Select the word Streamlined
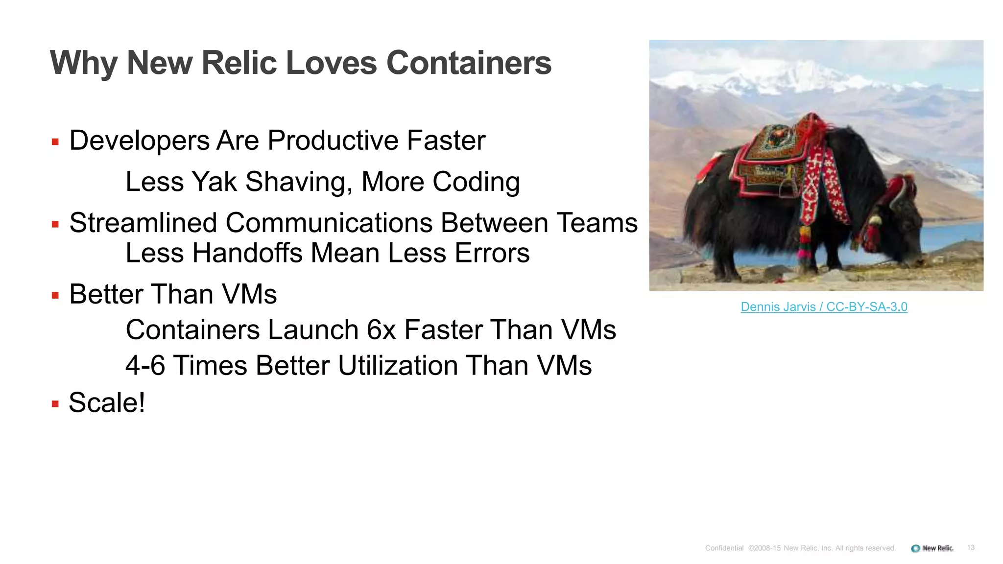coord(143,223)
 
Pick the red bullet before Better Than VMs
coord(55,296)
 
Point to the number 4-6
coord(145,366)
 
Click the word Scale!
coord(107,402)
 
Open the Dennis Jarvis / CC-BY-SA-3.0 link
coord(824,307)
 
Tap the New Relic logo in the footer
coord(932,548)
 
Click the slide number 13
coord(971,548)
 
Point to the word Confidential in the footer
coord(724,548)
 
